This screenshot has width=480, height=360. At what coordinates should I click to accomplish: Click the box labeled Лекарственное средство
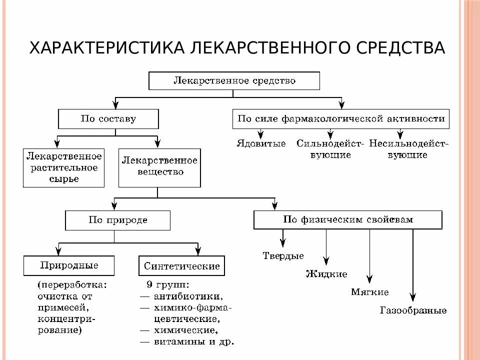pos(234,81)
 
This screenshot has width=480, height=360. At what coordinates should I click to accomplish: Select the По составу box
pos(108,119)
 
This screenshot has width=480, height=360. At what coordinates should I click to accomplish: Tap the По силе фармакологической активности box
pos(341,119)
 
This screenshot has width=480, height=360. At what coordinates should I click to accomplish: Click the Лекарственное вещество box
pos(159,166)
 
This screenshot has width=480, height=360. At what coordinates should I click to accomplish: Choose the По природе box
pos(118,220)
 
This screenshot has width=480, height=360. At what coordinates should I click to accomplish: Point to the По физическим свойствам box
pos(348,219)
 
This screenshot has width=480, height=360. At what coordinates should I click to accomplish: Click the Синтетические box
pos(181,266)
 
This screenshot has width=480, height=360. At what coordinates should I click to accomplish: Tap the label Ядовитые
pos(261,144)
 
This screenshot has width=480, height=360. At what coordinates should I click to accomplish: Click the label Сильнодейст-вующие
pos(330,149)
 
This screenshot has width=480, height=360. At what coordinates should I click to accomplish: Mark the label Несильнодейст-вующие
pos(408,149)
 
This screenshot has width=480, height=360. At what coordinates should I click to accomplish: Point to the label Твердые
pos(283,256)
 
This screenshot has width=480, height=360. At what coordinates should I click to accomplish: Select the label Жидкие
pos(326,274)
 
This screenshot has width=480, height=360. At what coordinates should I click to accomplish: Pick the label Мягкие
pos(369,292)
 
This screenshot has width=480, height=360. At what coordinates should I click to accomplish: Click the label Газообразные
pos(413,310)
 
